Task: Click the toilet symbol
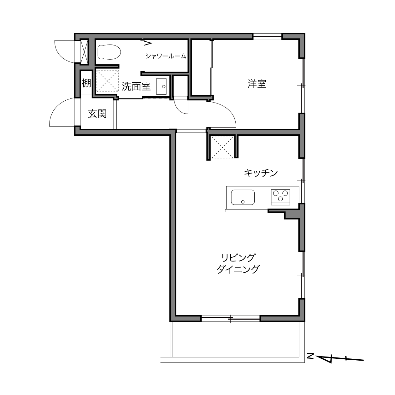point(109,52)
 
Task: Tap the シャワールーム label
point(166,56)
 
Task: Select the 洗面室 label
point(136,86)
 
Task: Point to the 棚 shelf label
point(86,83)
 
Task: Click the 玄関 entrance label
point(97,114)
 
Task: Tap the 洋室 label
point(257,84)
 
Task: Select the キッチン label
point(261,173)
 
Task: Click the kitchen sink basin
point(243,197)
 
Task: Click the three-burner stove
point(280,197)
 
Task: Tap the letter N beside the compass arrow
point(310,356)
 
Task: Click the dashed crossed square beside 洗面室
point(107,80)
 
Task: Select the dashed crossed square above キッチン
point(222,147)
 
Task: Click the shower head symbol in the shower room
point(148,43)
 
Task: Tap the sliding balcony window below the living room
point(231,319)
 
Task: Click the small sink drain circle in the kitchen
point(243,202)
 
